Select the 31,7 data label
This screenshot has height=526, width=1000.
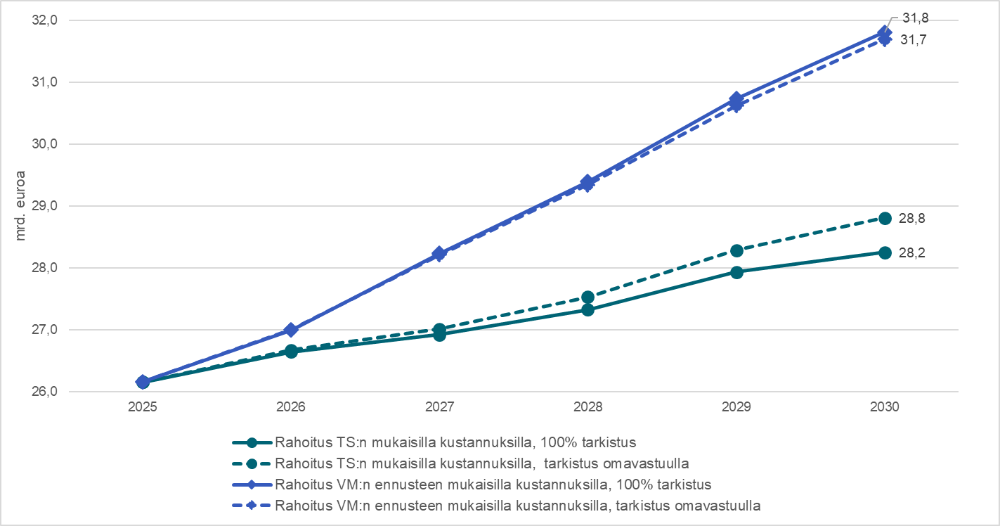[911, 40]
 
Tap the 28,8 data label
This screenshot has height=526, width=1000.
[911, 218]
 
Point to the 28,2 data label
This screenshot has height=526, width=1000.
[911, 253]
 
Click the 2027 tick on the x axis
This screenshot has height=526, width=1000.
[439, 407]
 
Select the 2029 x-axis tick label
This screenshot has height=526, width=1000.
[736, 407]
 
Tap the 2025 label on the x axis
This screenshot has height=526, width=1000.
[143, 407]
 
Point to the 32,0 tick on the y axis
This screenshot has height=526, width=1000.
[44, 20]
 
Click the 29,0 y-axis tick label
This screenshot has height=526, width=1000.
[44, 206]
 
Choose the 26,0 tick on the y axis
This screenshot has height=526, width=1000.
[44, 392]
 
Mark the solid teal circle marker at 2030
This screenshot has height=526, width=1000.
[885, 252]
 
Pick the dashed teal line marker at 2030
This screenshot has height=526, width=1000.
[885, 218]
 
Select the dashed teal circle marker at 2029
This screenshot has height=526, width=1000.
[736, 251]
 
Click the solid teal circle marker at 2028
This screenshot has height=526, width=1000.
[588, 309]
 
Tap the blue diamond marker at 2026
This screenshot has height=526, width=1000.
[291, 330]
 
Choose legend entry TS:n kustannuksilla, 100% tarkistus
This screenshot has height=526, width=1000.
[456, 443]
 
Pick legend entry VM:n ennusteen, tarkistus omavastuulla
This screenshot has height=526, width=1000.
[519, 505]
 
